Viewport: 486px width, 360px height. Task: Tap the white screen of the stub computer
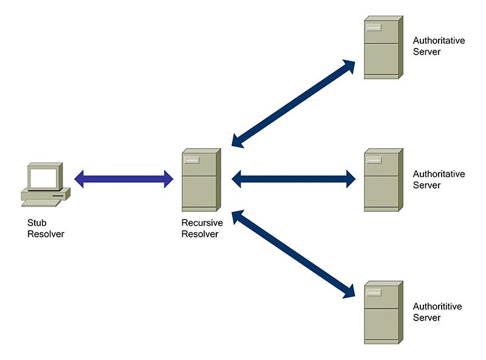click(x=44, y=177)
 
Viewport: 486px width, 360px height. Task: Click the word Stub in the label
click(x=36, y=223)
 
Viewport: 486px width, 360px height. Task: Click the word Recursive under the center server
click(x=202, y=223)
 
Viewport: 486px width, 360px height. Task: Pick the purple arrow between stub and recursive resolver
click(x=124, y=179)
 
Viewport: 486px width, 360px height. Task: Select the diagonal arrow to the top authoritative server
click(x=293, y=104)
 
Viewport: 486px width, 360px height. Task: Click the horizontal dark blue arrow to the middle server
click(x=293, y=179)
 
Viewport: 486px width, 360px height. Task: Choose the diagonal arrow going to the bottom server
click(x=293, y=254)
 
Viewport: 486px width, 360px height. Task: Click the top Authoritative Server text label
click(x=439, y=46)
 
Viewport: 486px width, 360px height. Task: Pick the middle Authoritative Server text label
click(x=439, y=179)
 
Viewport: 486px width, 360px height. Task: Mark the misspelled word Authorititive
click(x=437, y=307)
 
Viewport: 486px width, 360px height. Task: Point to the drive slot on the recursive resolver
click(x=193, y=160)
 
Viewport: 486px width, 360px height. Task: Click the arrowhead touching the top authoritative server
click(x=349, y=66)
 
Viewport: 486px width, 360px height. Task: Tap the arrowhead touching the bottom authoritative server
click(x=349, y=292)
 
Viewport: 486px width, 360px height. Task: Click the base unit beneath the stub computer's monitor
click(x=44, y=195)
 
